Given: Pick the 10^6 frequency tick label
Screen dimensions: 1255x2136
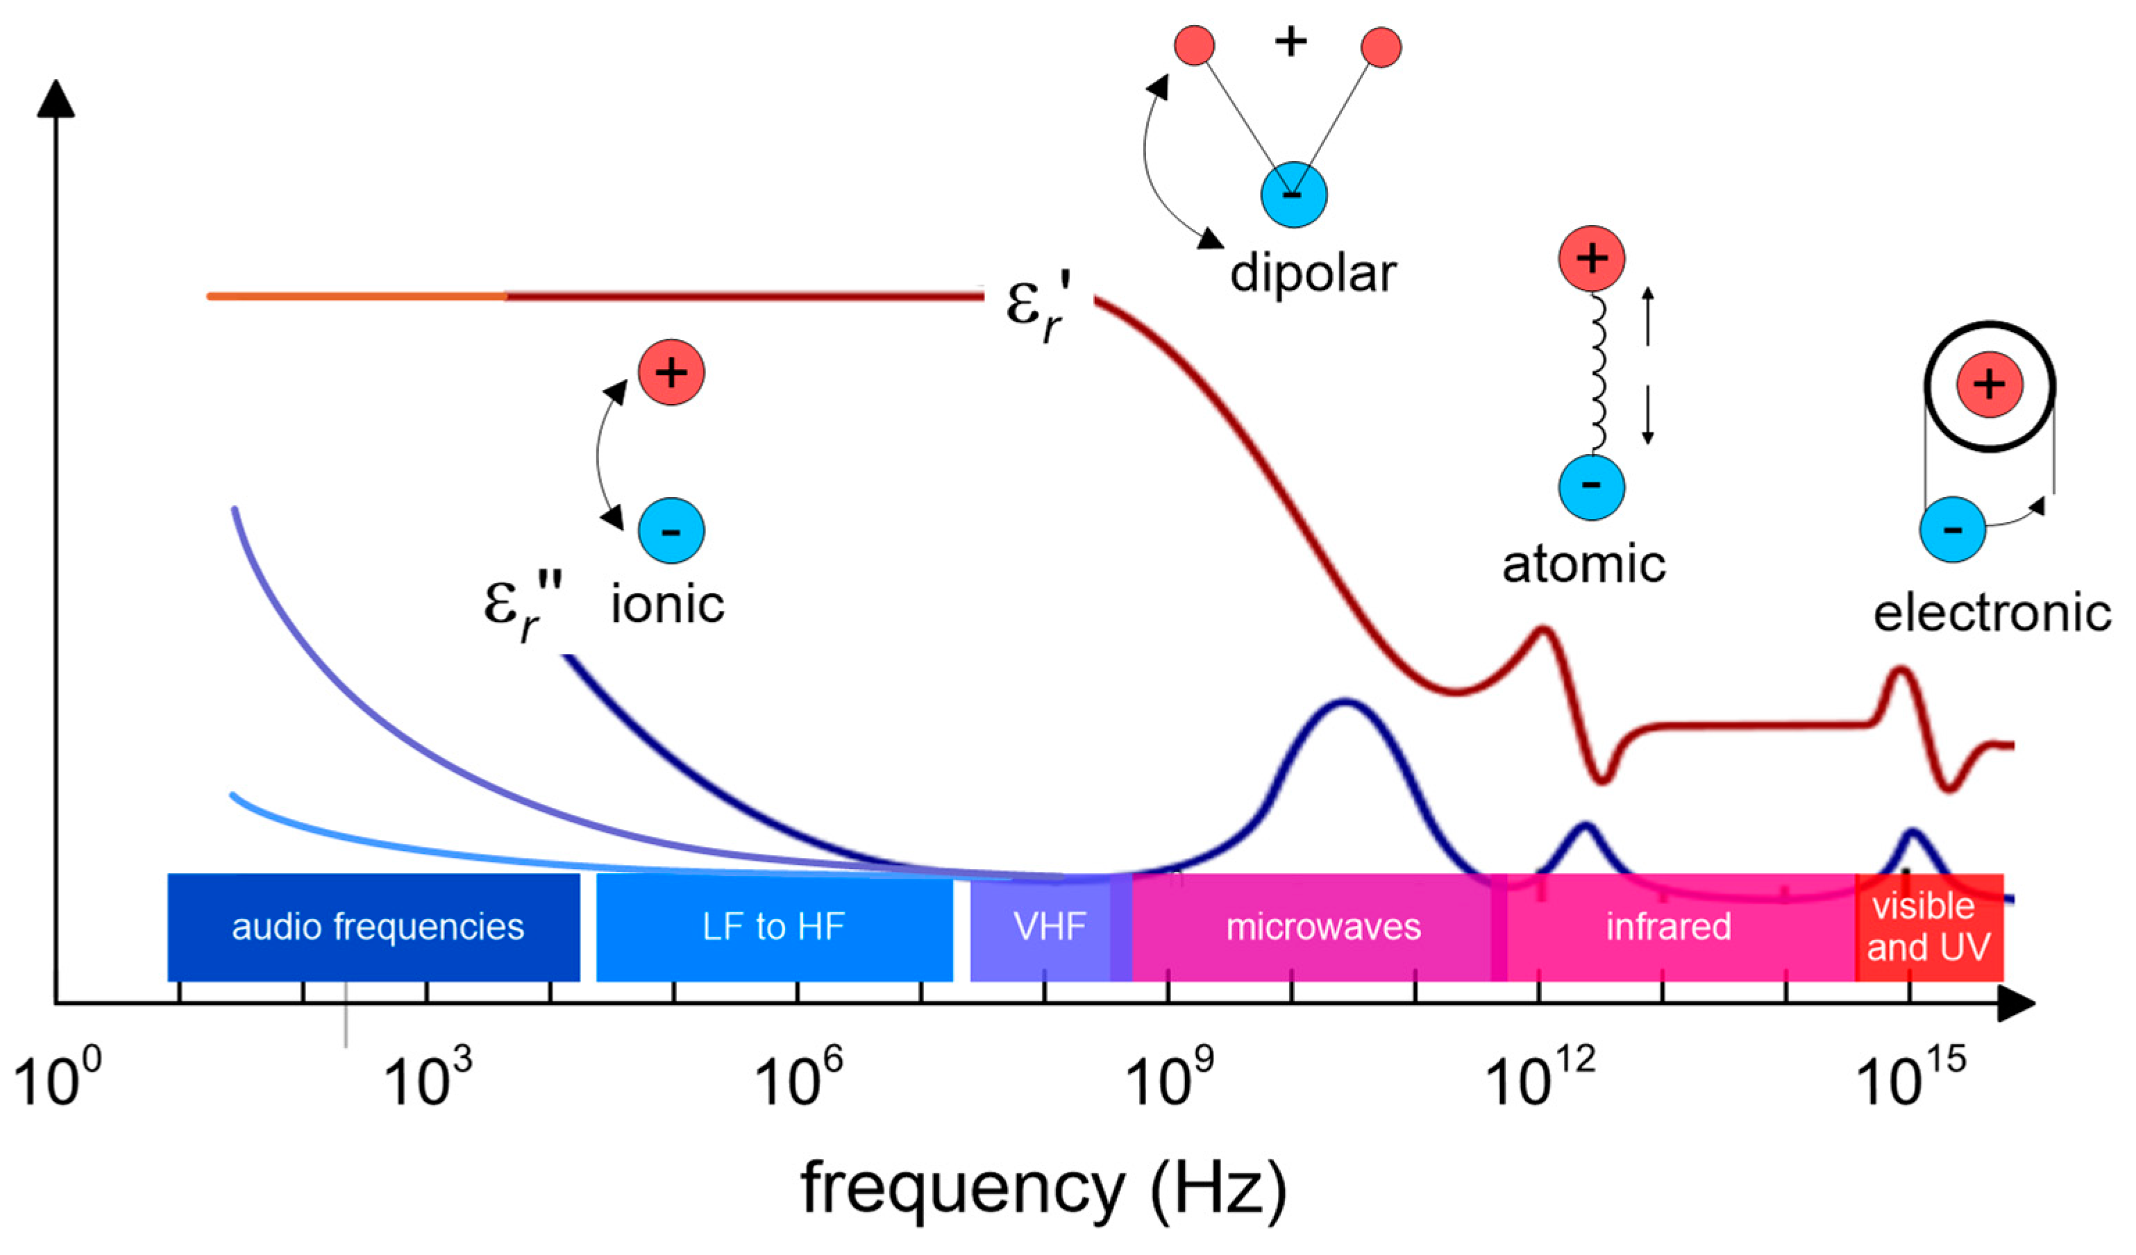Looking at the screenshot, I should (798, 1078).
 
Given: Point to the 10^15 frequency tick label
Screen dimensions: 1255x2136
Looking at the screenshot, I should (1910, 1078).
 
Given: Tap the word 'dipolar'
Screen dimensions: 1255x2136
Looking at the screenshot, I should (1312, 273).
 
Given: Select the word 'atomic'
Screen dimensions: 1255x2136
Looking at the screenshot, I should (1583, 564).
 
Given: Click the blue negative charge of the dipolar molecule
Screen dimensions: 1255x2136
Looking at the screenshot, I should (1293, 195).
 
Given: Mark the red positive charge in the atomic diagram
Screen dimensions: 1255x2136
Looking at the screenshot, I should (1591, 258).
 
